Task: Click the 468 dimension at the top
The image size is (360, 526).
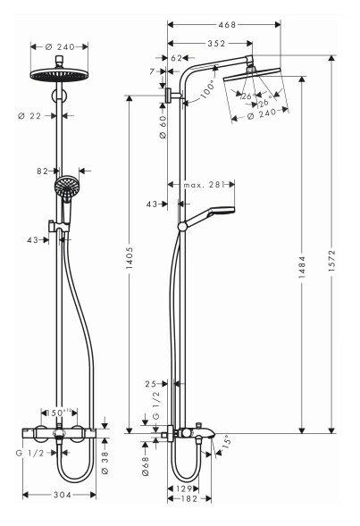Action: [227, 24]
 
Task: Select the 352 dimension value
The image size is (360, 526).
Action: [216, 43]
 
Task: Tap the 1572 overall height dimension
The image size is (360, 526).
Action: [331, 260]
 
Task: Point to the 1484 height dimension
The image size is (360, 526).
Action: [302, 267]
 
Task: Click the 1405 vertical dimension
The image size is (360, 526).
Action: [130, 258]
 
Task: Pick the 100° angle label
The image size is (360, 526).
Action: [207, 90]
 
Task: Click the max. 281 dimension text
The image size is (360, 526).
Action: [204, 185]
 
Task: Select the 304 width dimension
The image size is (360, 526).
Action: [63, 495]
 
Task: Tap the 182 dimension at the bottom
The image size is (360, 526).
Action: [189, 499]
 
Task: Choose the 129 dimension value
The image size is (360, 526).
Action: [184, 488]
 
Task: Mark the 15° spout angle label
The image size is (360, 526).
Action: [227, 441]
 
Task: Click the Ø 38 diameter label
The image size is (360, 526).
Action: [105, 463]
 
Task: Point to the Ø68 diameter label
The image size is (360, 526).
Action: [146, 466]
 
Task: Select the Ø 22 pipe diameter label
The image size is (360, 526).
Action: [29, 116]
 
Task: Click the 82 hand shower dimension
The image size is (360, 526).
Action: [43, 171]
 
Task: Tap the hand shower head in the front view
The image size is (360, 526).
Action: [67, 188]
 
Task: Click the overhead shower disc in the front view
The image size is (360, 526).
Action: [59, 75]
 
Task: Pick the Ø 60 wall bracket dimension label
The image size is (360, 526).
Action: [163, 128]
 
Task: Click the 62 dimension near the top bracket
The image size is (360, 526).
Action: [177, 58]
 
